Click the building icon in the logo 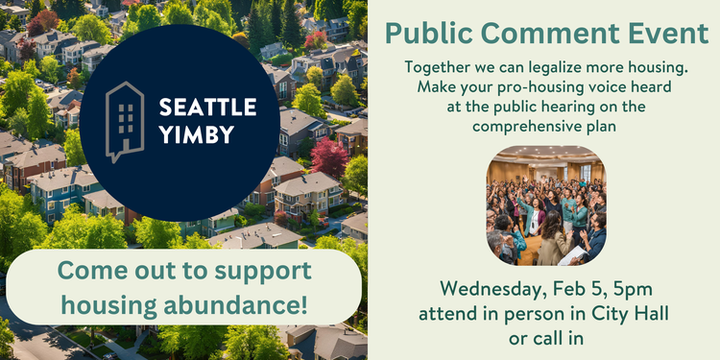124,121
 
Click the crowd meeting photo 545,205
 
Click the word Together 434,69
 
